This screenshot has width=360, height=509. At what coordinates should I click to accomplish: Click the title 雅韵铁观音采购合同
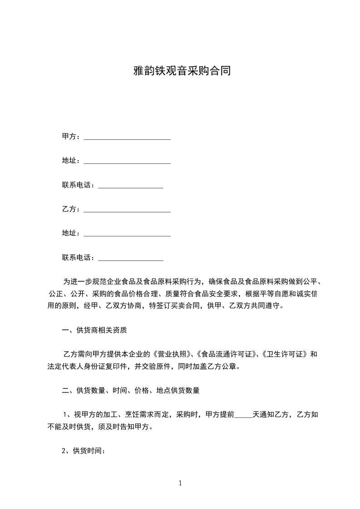[180, 71]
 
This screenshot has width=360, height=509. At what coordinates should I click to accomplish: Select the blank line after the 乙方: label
[127, 210]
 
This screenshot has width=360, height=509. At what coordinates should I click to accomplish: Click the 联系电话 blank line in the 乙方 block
[131, 259]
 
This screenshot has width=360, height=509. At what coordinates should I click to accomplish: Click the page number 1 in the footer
[180, 483]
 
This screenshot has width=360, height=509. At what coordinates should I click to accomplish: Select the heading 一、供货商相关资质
[94, 330]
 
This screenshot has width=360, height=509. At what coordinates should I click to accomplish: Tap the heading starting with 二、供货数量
[131, 390]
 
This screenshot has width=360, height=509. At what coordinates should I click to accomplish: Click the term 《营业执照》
[174, 354]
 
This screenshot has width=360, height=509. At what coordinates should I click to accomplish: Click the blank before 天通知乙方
[243, 415]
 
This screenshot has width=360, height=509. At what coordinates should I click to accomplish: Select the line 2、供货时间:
[84, 451]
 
